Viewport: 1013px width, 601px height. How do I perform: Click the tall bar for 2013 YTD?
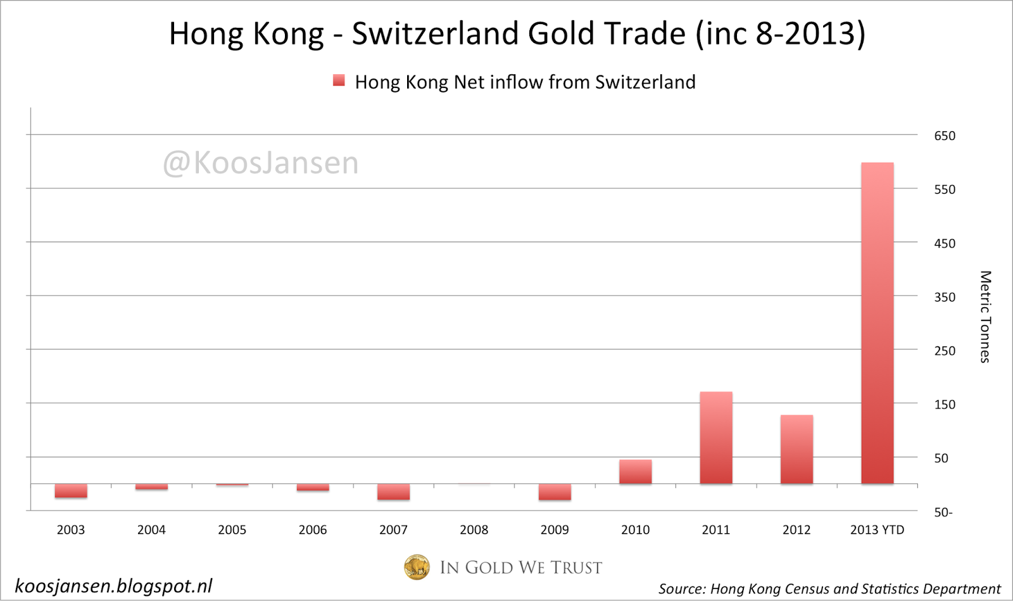[877, 323]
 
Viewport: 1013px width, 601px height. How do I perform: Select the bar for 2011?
[716, 438]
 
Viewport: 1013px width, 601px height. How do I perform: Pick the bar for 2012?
[796, 450]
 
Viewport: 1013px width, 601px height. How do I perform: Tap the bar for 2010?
[635, 472]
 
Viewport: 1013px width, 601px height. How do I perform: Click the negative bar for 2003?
[71, 491]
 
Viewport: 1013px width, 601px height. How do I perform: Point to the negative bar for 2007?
[393, 492]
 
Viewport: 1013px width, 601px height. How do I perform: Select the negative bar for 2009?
[555, 492]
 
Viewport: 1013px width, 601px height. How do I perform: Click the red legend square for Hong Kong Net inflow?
[339, 80]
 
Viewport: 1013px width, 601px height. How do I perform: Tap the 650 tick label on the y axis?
[945, 136]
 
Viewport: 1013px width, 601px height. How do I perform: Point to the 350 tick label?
[945, 297]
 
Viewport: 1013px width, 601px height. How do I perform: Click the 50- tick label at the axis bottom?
[943, 512]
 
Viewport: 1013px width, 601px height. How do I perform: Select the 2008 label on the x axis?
[474, 530]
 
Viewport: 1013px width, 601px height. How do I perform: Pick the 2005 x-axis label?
[232, 530]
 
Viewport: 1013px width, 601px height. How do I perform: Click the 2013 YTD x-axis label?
[877, 530]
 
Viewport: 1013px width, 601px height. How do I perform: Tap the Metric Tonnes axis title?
[985, 317]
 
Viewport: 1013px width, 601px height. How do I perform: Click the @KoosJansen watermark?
[261, 163]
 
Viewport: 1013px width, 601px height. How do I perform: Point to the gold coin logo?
[417, 567]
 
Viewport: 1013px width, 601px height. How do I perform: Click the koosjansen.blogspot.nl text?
[114, 586]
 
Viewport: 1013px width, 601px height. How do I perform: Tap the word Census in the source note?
[807, 589]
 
